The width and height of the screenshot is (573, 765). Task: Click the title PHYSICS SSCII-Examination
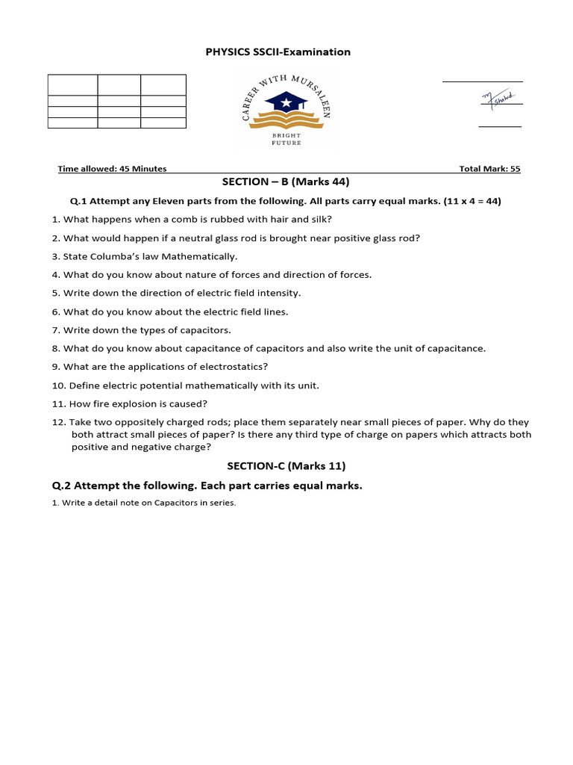(278, 52)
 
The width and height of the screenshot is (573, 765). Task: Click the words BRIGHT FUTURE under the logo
(286, 139)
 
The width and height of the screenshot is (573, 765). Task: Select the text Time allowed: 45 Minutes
(112, 169)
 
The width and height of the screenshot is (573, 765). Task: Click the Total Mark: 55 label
(489, 169)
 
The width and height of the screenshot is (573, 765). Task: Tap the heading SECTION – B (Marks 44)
(286, 182)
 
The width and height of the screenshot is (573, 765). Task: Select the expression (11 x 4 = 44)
(472, 201)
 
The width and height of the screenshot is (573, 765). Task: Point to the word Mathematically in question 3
(204, 256)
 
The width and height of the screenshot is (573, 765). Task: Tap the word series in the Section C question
(223, 503)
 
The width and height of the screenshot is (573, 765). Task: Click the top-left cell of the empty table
(72, 85)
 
